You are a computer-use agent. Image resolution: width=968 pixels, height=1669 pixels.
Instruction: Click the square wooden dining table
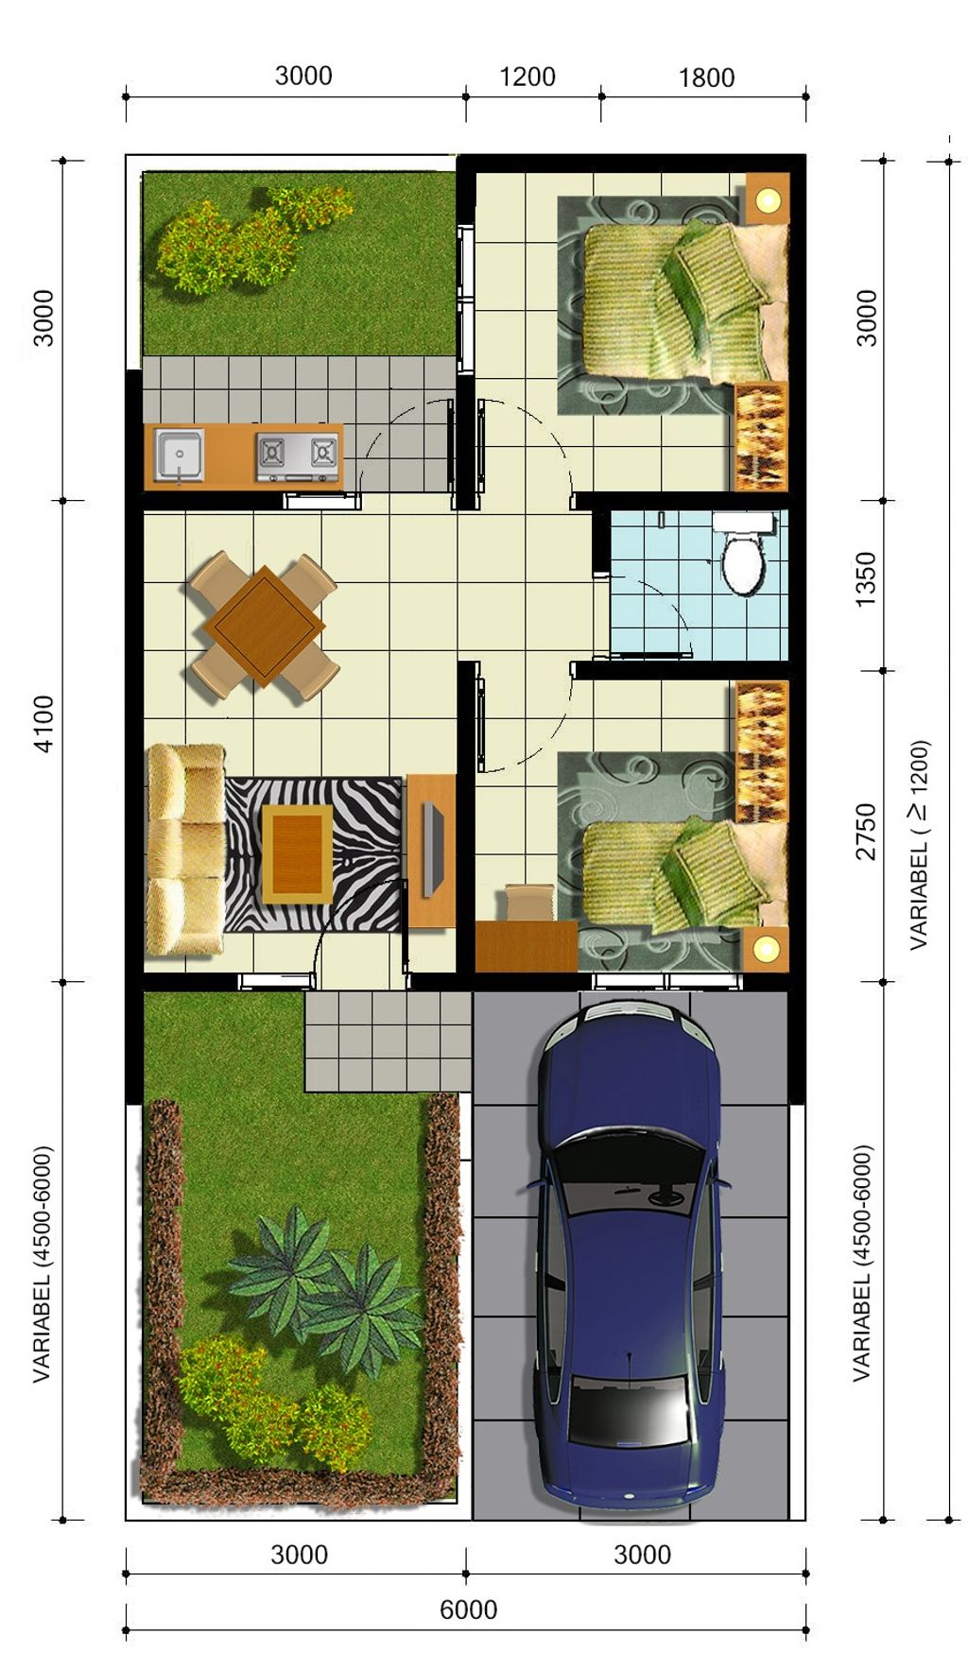264,625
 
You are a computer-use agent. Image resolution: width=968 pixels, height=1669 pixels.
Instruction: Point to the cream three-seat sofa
185,848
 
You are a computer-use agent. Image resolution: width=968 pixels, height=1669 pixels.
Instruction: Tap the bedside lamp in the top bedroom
767,198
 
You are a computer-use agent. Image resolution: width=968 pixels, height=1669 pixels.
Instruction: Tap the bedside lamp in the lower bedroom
766,946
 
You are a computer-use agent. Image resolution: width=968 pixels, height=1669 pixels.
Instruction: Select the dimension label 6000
468,1609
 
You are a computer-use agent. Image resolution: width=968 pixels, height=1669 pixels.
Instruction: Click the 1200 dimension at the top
527,77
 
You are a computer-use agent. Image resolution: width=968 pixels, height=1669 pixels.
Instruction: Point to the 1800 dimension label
706,77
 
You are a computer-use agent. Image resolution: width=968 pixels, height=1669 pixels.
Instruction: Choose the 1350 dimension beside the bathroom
865,579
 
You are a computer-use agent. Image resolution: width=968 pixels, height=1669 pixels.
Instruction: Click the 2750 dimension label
865,831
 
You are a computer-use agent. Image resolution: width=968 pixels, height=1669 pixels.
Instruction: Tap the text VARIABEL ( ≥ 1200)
918,844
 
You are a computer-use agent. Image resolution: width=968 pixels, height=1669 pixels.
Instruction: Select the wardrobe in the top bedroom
761,436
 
